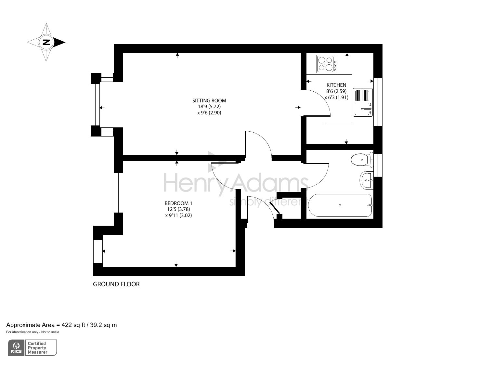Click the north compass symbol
point(46,42)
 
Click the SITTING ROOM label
point(209,101)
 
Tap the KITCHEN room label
point(336,85)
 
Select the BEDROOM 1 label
point(178,203)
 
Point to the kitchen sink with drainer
point(363,103)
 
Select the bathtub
point(340,205)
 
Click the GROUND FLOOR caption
point(116,284)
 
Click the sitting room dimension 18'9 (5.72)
point(209,107)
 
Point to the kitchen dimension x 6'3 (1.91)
point(336,97)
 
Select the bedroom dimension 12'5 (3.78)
point(178,209)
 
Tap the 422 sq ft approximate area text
point(62,325)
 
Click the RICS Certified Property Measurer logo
point(32,348)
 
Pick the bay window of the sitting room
point(95,104)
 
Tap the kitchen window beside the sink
point(378,102)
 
